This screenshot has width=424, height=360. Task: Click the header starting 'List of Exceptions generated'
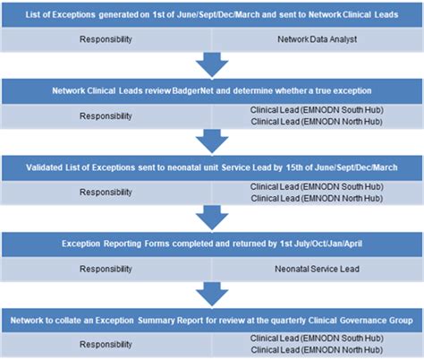[x=212, y=15]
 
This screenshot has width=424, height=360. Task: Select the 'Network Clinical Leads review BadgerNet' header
[x=212, y=92]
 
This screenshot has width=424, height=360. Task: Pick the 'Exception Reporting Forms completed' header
[x=212, y=242]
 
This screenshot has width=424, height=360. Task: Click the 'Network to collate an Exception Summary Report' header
[x=212, y=318]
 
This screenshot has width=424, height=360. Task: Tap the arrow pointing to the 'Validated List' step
[x=212, y=141]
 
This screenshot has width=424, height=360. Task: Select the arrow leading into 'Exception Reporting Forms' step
[x=212, y=217]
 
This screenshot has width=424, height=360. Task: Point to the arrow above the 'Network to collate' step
[x=212, y=293]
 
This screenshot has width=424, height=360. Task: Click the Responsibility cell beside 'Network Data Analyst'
[x=107, y=40]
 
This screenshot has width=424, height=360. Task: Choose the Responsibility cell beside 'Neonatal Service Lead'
[x=107, y=267]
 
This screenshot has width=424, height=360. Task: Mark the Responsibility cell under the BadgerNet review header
[x=107, y=116]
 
